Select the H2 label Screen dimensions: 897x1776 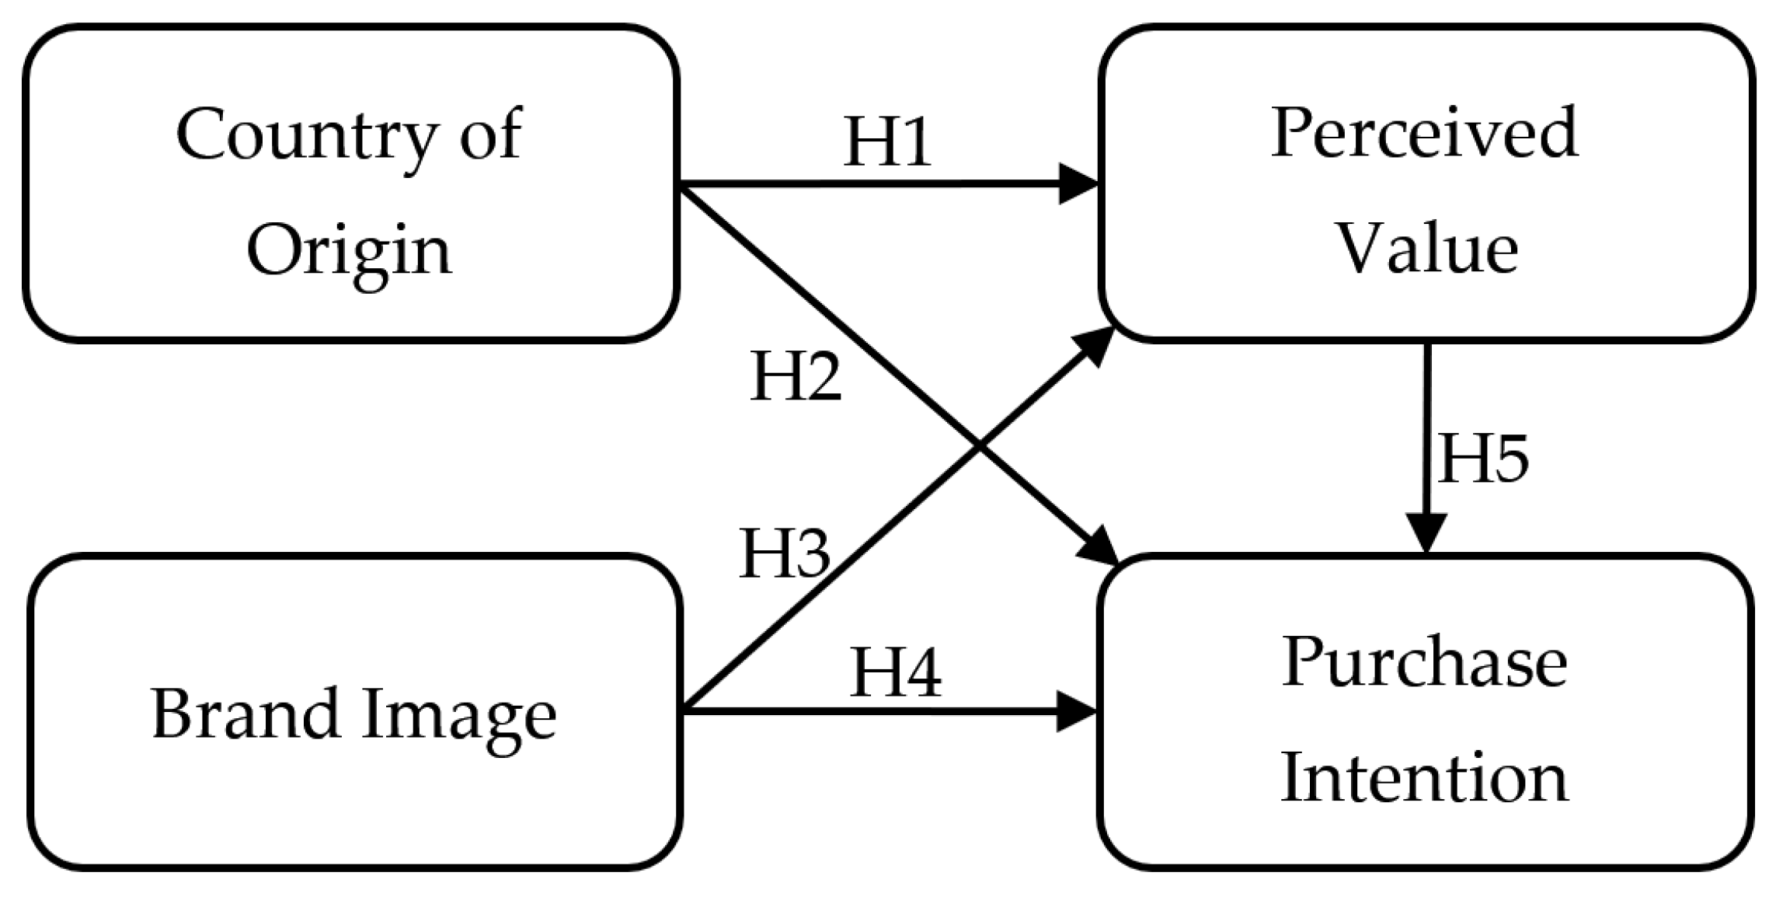point(796,377)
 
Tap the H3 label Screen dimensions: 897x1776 point(785,554)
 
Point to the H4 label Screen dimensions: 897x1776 point(895,672)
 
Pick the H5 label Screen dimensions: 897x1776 point(1482,459)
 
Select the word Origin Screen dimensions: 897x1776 point(349,253)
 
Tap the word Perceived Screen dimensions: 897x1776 point(1424,134)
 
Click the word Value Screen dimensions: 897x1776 point(1426,250)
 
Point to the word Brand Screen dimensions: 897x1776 point(245,714)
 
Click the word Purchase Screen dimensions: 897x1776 point(1424,664)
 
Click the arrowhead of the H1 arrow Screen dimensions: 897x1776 point(1080,184)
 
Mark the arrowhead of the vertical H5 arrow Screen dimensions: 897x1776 point(1427,535)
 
